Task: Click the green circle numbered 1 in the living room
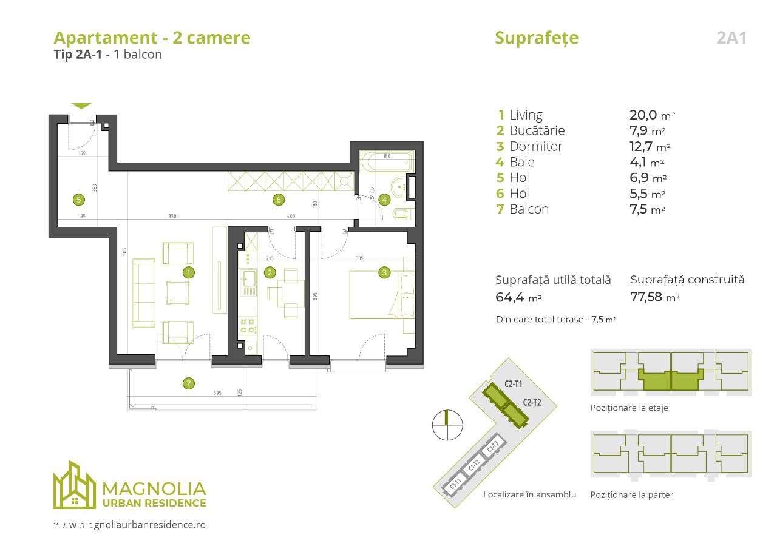[189, 272]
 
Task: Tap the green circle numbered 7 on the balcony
[189, 383]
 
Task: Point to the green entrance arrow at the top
[81, 106]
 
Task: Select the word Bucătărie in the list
[537, 130]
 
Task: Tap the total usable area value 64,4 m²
[518, 297]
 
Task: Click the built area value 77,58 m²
[654, 297]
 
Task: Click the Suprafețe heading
[537, 38]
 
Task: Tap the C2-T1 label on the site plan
[513, 384]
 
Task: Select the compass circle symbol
[447, 425]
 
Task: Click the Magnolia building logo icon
[74, 485]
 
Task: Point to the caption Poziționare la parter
[631, 494]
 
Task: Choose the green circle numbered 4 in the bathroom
[384, 199]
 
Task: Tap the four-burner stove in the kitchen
[248, 325]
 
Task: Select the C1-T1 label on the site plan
[455, 485]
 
